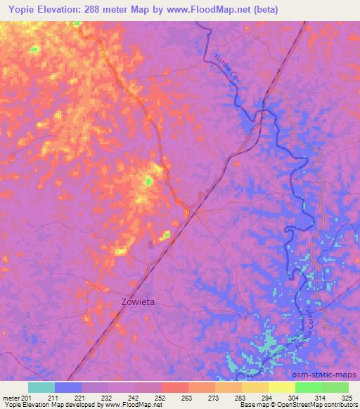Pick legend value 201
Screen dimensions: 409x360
pyautogui.click(x=27, y=398)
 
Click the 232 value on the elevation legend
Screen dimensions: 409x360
pyautogui.click(x=108, y=398)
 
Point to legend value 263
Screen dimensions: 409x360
pyautogui.click(x=188, y=398)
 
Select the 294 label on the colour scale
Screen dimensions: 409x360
pyautogui.click(x=269, y=398)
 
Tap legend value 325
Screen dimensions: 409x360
pyautogui.click(x=348, y=398)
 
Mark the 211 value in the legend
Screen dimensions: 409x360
pyautogui.click(x=55, y=398)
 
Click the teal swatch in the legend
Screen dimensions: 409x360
pyautogui.click(x=41, y=387)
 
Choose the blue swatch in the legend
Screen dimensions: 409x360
pyautogui.click(x=68, y=387)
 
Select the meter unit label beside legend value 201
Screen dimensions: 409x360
pyautogui.click(x=9, y=398)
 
